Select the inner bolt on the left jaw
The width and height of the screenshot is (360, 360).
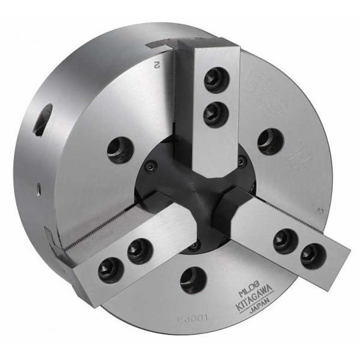[140, 251]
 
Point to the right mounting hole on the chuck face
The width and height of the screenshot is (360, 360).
[270, 142]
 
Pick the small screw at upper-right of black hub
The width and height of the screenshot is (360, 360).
[242, 160]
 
